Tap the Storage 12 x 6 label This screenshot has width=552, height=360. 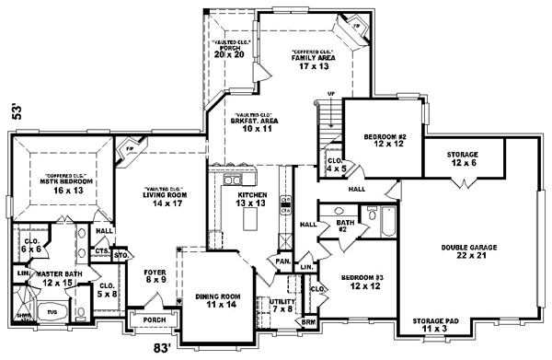tap(462, 157)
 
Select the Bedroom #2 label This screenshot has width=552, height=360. tap(384, 141)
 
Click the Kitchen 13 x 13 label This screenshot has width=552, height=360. tap(252, 200)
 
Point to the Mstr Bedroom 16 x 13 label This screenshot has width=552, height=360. tap(53, 180)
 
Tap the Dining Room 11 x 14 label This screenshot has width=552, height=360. tap(218, 299)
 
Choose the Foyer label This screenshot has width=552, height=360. tap(155, 275)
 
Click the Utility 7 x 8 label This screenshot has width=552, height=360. tap(281, 305)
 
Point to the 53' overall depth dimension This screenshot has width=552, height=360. tap(14, 112)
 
